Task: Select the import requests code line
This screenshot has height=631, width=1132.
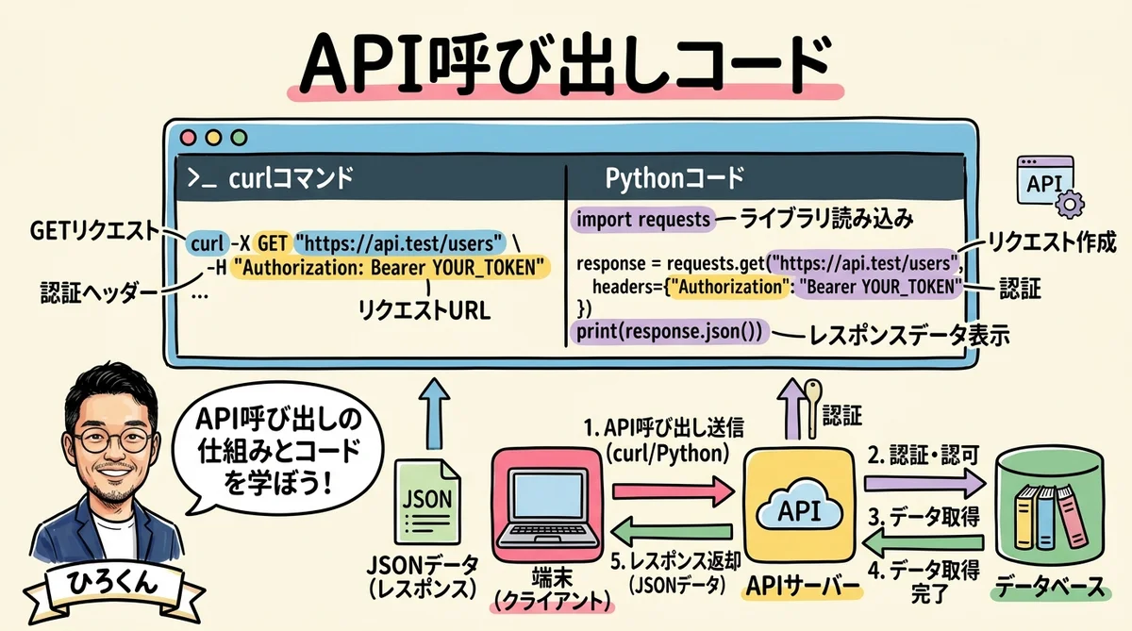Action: pos(642,220)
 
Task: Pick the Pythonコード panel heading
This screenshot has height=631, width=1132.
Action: pos(674,176)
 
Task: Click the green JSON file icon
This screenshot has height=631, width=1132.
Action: pos(427,501)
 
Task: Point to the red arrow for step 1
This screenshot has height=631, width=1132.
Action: pos(673,490)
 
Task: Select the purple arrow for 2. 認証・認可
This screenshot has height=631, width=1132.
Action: pos(923,486)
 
